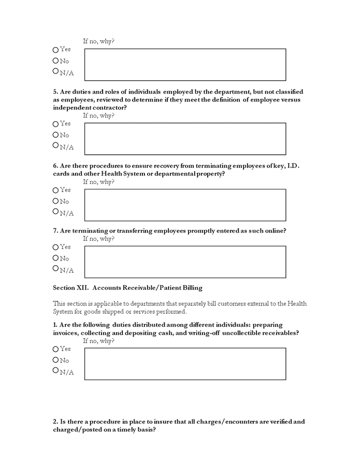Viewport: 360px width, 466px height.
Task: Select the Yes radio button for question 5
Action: click(55, 124)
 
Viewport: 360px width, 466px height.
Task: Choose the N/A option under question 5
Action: click(55, 145)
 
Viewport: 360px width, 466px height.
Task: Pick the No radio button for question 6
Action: click(55, 201)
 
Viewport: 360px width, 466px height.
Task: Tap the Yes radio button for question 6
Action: click(55, 191)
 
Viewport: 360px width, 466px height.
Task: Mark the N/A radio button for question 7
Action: click(55, 269)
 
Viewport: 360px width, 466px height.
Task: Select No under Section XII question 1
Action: click(55, 360)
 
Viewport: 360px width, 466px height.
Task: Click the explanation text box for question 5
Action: click(185, 139)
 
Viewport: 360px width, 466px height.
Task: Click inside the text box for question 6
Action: click(185, 205)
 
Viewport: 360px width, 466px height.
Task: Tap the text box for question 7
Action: click(185, 262)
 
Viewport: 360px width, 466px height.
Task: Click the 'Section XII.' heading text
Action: click(70, 287)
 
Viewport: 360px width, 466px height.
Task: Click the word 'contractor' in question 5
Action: click(109, 108)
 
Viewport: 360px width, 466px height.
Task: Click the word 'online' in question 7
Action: click(274, 230)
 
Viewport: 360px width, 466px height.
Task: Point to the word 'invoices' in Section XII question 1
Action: click(65, 333)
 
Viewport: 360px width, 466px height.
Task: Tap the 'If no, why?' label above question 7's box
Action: click(99, 239)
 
